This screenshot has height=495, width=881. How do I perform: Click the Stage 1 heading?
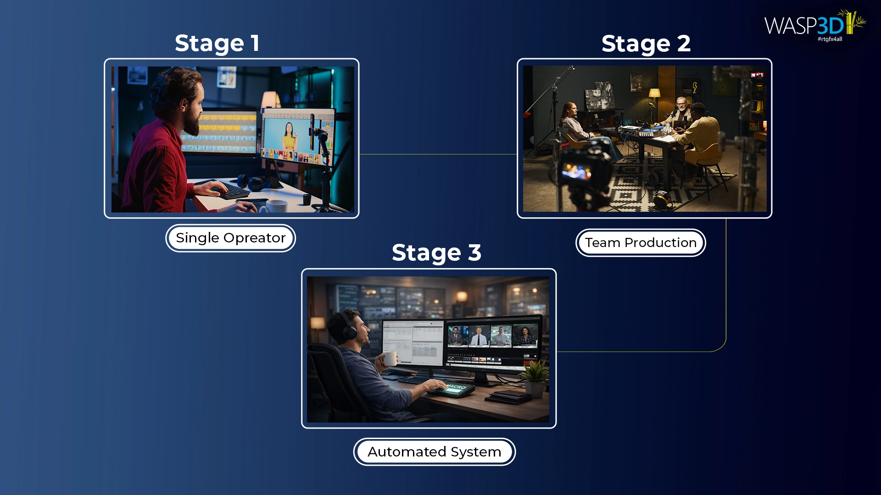[x=217, y=44]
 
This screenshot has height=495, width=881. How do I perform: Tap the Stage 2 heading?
[x=646, y=44]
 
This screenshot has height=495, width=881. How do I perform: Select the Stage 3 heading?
[x=436, y=253]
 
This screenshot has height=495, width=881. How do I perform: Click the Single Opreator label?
[x=230, y=238]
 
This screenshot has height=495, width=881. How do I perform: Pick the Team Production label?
[x=641, y=242]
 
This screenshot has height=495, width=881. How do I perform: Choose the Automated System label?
[x=434, y=452]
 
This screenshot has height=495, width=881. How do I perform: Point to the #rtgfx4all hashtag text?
[x=830, y=39]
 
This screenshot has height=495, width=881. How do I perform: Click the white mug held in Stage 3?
[x=390, y=358]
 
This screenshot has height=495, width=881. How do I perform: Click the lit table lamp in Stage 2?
[x=654, y=93]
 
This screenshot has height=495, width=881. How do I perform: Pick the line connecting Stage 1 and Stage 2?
[x=438, y=154]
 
